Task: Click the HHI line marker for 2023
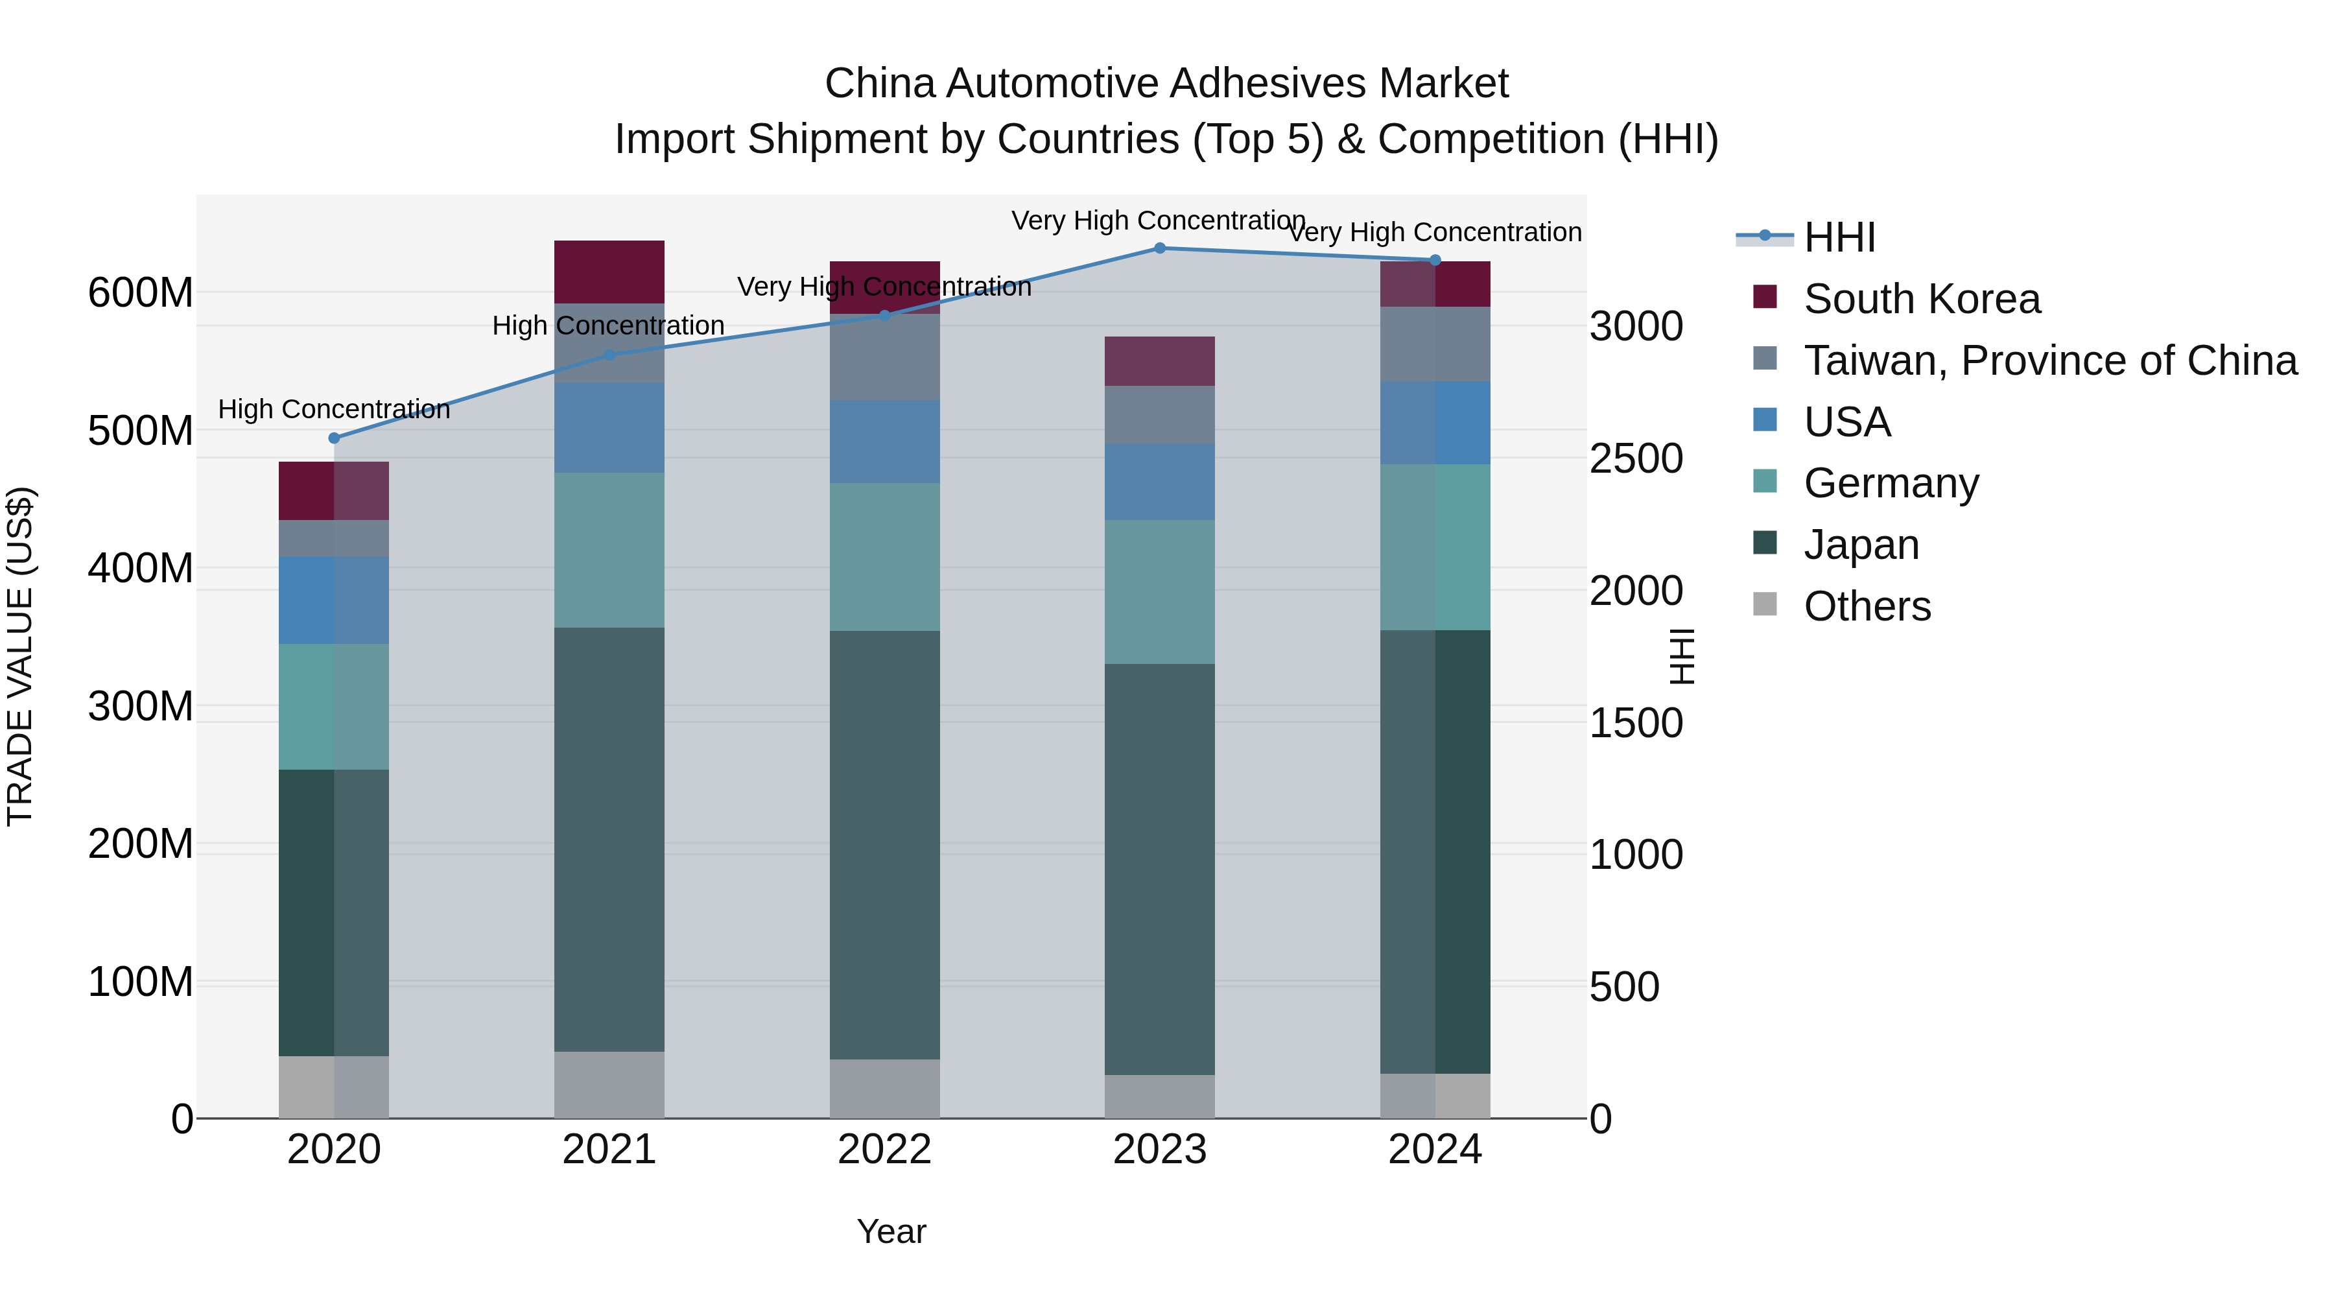click(x=1160, y=248)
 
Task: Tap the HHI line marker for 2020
click(x=335, y=438)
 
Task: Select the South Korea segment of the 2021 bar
click(x=609, y=272)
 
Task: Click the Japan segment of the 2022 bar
click(x=884, y=844)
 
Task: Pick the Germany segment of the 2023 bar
click(x=1160, y=592)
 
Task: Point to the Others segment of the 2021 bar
click(x=609, y=1085)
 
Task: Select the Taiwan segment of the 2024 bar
click(x=1435, y=344)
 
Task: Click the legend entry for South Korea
click(x=1921, y=299)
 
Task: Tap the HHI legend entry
click(x=1839, y=237)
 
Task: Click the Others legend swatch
click(x=1765, y=604)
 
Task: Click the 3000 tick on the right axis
click(x=1636, y=327)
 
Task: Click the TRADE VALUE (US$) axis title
click(x=20, y=656)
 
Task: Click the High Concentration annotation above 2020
click(x=335, y=410)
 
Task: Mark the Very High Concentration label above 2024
click(x=1435, y=233)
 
